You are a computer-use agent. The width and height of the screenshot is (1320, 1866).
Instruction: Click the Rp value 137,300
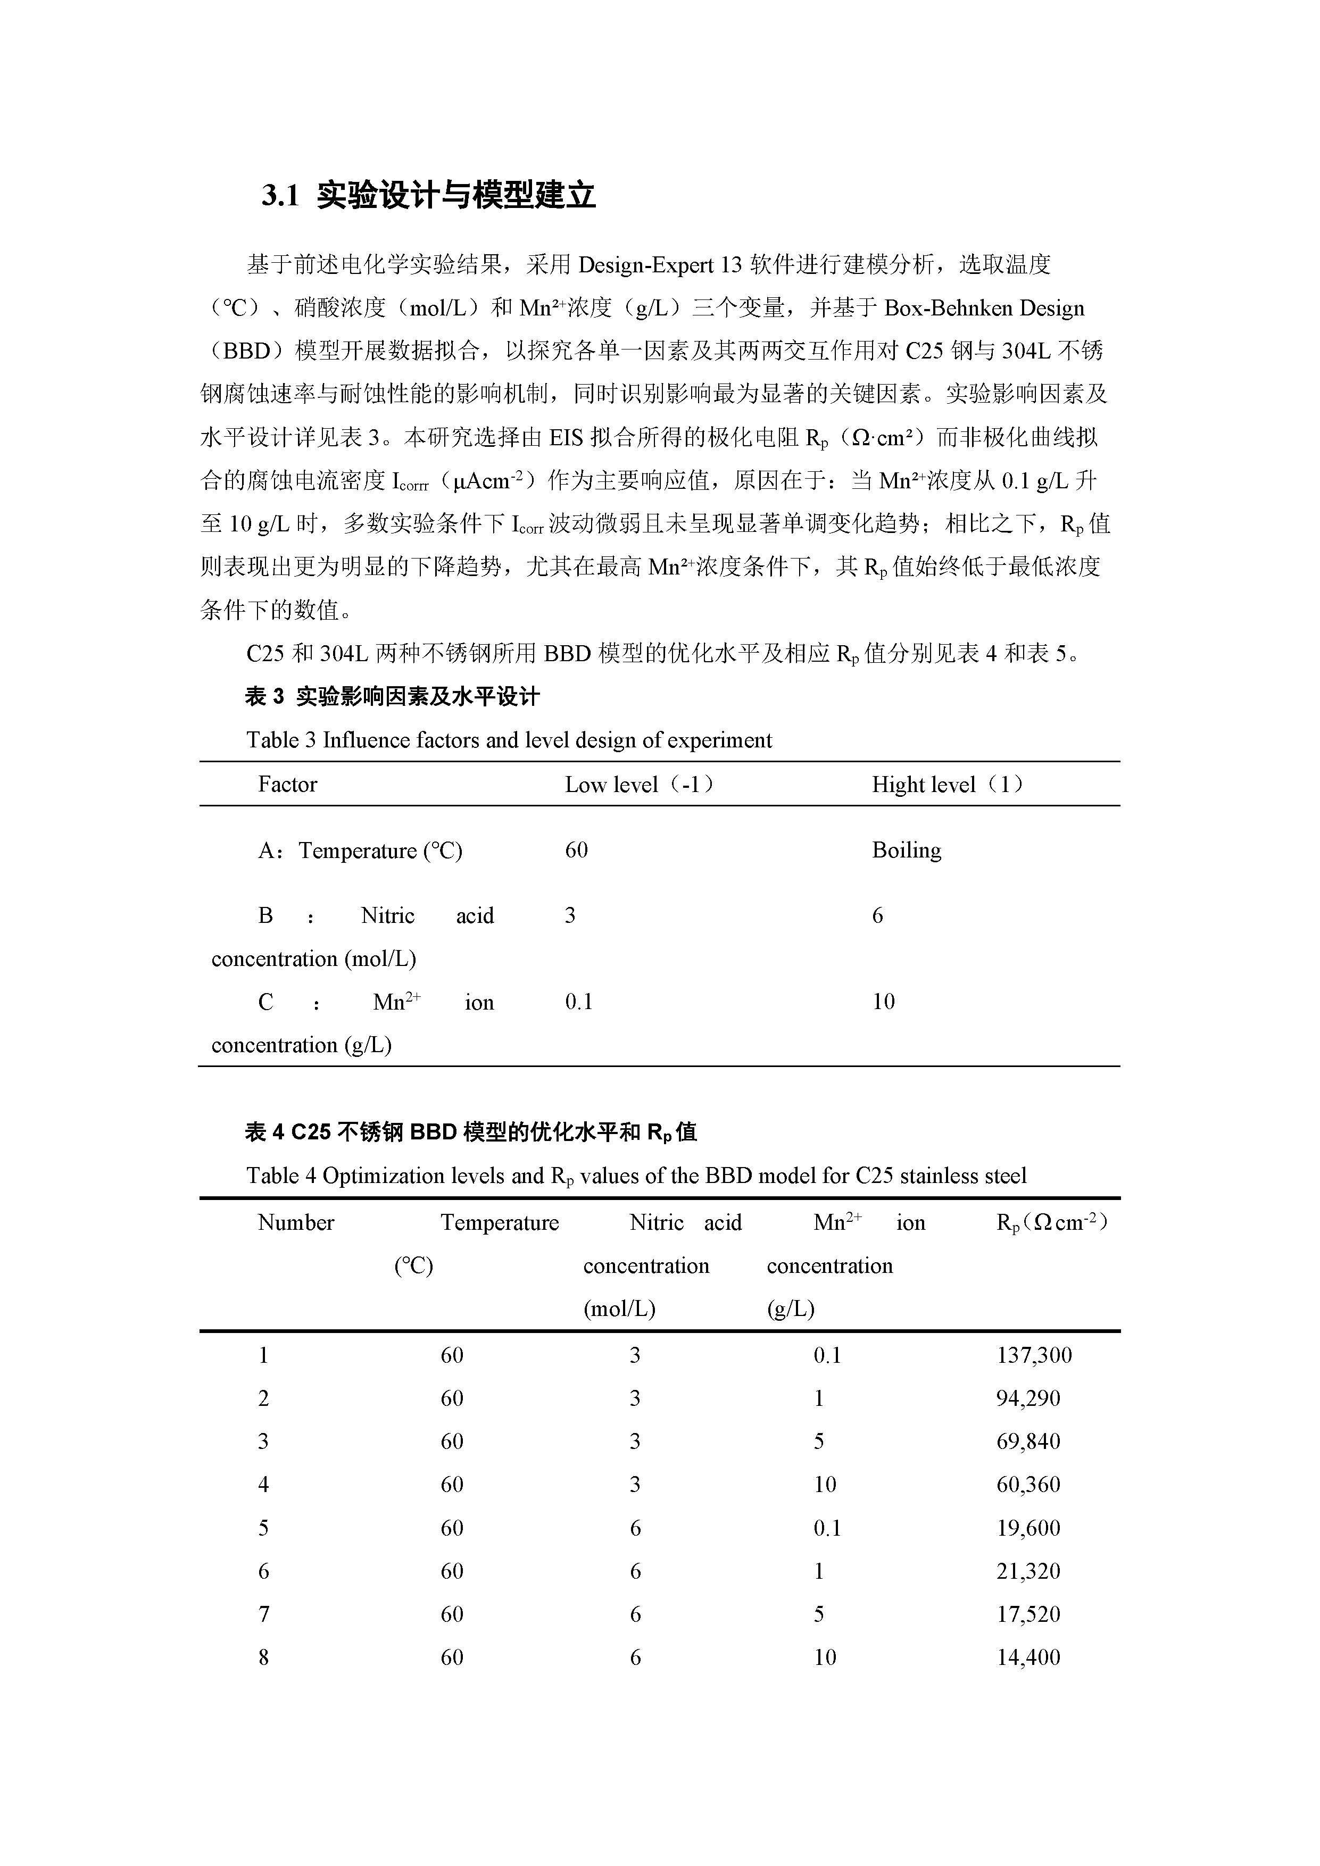(x=1034, y=1355)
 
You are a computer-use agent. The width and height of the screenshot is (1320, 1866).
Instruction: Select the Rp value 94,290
(x=1028, y=1398)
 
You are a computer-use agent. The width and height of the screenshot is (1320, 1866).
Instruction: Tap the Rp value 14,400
(x=1028, y=1657)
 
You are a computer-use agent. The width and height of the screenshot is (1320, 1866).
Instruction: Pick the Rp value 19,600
(x=1028, y=1528)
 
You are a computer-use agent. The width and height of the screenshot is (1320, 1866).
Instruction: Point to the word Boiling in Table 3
(x=906, y=850)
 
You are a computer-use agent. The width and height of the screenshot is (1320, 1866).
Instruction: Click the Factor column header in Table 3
(x=287, y=784)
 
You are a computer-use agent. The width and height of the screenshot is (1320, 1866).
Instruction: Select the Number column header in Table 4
(x=296, y=1222)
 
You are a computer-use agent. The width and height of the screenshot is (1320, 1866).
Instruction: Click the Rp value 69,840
(x=1028, y=1441)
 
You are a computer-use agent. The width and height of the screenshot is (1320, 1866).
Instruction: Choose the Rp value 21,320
(x=1028, y=1571)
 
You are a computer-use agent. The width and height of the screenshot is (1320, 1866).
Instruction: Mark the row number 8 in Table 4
(x=263, y=1657)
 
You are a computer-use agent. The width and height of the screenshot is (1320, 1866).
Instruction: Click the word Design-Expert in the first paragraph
(x=646, y=265)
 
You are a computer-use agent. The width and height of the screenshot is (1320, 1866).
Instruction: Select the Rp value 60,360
(x=1028, y=1484)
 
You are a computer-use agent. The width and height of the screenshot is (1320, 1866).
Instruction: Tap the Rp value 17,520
(x=1028, y=1614)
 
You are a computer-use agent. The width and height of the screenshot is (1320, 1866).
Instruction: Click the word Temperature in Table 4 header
(x=500, y=1222)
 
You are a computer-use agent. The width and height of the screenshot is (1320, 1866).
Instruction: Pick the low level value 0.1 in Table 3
(x=579, y=1001)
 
